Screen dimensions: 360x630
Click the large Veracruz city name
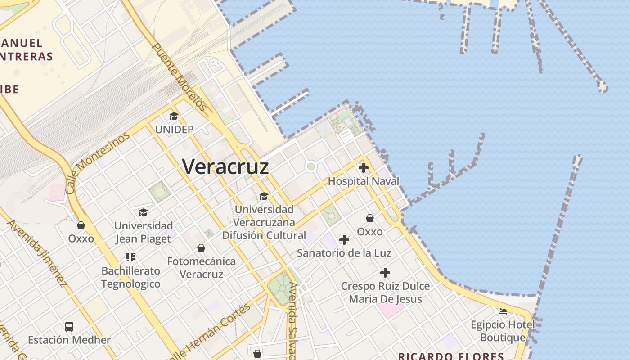pyautogui.click(x=225, y=167)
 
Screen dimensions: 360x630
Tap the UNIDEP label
pyautogui.click(x=174, y=130)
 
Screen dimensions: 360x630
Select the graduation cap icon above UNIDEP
pyautogui.click(x=174, y=117)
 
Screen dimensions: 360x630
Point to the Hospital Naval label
pyautogui.click(x=364, y=181)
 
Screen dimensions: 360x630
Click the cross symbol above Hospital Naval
pyautogui.click(x=364, y=168)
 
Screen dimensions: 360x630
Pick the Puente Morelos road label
pyautogui.click(x=180, y=77)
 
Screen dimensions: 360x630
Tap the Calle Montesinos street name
pyautogui.click(x=97, y=162)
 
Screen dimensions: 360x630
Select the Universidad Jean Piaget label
pyautogui.click(x=144, y=232)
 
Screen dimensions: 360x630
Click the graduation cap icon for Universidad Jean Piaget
pyautogui.click(x=143, y=212)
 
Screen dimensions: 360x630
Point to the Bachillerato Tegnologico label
pyautogui.click(x=130, y=277)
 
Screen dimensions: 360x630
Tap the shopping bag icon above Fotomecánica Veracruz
pyautogui.click(x=201, y=248)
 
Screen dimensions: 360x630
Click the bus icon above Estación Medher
pyautogui.click(x=69, y=327)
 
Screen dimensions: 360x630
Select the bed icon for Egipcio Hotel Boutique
pyautogui.click(x=503, y=311)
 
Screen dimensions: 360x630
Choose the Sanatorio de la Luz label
pyautogui.click(x=344, y=253)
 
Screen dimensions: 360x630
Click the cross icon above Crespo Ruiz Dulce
pyautogui.click(x=385, y=273)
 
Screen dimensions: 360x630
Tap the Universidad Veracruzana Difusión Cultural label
pyautogui.click(x=264, y=222)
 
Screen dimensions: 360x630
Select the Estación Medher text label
pyautogui.click(x=69, y=340)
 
